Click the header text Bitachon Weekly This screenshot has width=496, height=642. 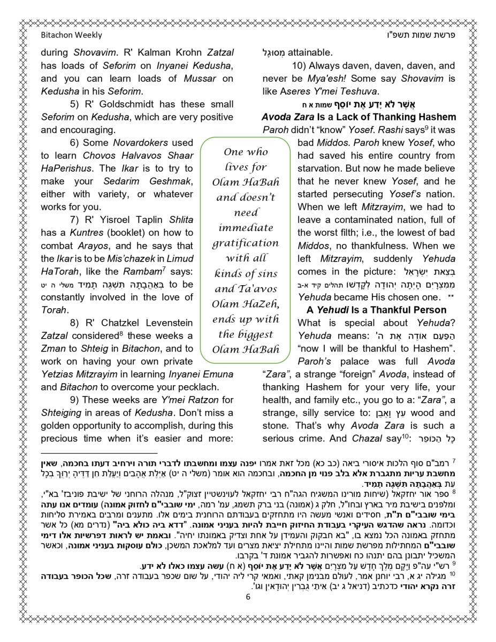point(71,35)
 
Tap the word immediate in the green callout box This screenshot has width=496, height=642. point(246,228)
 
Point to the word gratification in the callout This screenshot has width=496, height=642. point(246,243)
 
